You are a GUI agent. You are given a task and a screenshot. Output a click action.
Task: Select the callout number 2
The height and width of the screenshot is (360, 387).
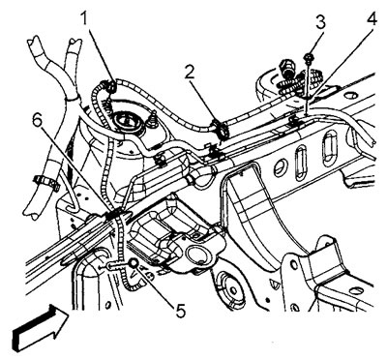(190, 75)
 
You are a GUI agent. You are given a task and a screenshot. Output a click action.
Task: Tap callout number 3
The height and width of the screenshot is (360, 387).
(320, 24)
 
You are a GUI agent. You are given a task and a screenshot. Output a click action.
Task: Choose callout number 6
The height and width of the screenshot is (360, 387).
(38, 122)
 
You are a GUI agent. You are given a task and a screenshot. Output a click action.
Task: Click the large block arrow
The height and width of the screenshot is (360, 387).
(40, 328)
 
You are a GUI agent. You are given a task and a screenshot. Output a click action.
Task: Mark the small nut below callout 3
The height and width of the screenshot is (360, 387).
(308, 58)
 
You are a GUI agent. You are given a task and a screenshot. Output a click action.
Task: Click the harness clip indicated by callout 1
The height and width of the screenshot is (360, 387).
(109, 86)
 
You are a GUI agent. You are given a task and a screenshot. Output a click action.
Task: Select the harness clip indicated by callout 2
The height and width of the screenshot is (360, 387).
(221, 128)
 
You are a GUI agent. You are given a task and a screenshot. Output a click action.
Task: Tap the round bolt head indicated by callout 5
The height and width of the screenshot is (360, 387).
(134, 263)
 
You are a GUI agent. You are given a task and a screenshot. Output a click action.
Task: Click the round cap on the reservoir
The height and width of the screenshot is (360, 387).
(129, 124)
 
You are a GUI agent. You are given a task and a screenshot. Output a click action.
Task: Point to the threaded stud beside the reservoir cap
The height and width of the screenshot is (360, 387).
(153, 119)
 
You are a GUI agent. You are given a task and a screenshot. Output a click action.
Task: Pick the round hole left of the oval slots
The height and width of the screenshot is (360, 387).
(280, 167)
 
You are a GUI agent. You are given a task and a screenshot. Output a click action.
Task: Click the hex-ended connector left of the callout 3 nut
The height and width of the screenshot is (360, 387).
(287, 68)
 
